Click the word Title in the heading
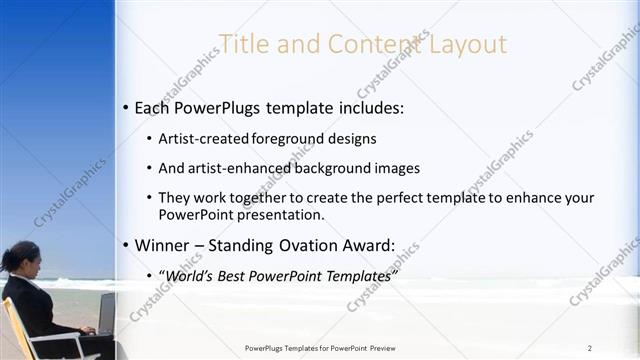click(242, 44)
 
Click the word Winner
click(165, 244)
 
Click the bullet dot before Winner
click(125, 245)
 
